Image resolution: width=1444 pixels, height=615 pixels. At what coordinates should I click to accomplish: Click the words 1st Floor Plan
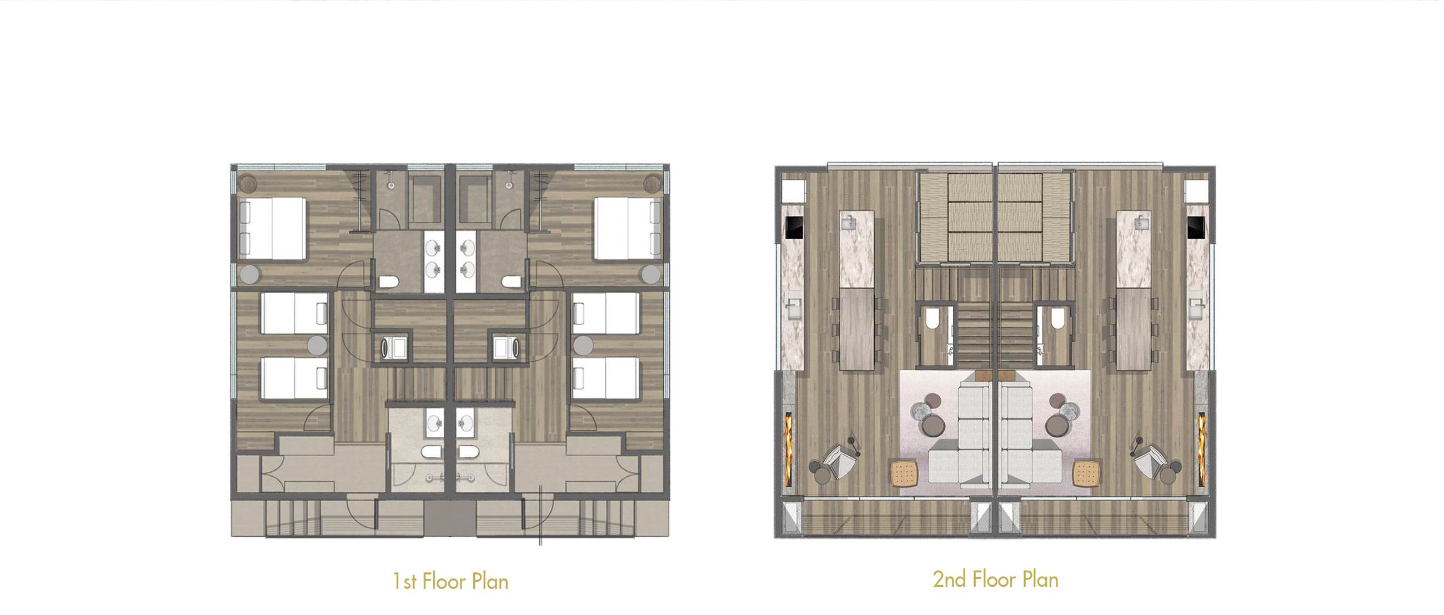point(450,581)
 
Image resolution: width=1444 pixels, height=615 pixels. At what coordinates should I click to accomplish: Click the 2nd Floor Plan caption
point(996,579)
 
